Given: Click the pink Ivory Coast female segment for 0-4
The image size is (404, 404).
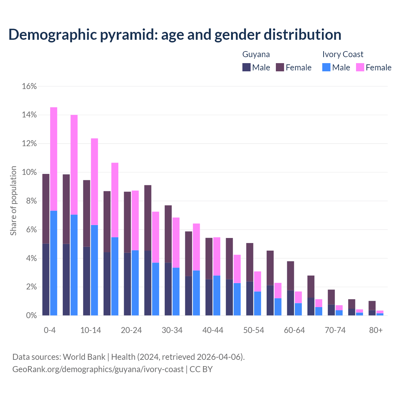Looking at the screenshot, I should (54, 159).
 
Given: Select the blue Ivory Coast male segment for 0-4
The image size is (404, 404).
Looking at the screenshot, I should (54, 263).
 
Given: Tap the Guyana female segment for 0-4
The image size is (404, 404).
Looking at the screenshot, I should (46, 209).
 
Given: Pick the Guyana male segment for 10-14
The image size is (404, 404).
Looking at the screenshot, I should (86, 281).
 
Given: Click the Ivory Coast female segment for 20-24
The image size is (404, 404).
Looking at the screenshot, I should (135, 220).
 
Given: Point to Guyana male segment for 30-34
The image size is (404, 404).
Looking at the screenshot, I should (168, 289).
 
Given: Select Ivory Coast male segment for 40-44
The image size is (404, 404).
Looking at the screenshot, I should (217, 295).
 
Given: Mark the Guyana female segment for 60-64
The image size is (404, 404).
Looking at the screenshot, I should (290, 276).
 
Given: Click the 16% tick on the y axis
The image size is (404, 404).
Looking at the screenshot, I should (29, 86).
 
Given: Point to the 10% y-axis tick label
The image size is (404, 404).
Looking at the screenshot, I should (29, 172).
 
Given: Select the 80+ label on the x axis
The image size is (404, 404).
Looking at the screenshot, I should (376, 330).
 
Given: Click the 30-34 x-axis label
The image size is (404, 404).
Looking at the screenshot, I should (172, 330).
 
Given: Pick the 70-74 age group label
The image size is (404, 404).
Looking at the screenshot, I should (335, 330).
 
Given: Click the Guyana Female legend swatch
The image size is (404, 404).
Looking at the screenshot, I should (280, 67).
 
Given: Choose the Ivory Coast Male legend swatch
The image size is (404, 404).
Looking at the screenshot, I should (326, 67).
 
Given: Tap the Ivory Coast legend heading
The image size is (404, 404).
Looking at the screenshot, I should (343, 54).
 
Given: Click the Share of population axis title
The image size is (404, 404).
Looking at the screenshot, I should (14, 201).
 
